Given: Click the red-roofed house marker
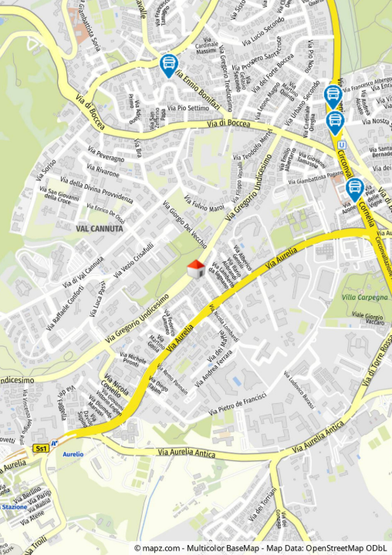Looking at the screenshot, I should tap(197, 268).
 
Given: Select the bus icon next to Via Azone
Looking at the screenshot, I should tap(355, 189).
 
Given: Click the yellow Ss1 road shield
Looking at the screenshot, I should tap(41, 448).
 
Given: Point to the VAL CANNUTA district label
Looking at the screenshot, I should tap(100, 229).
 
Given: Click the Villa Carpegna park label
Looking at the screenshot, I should tap(366, 297).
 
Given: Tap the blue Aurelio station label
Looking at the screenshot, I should tap(73, 455).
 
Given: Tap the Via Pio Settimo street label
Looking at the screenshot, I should tap(188, 108).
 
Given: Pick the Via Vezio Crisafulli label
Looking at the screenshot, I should tap(133, 261).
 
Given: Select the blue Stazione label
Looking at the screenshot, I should tap(14, 506).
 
